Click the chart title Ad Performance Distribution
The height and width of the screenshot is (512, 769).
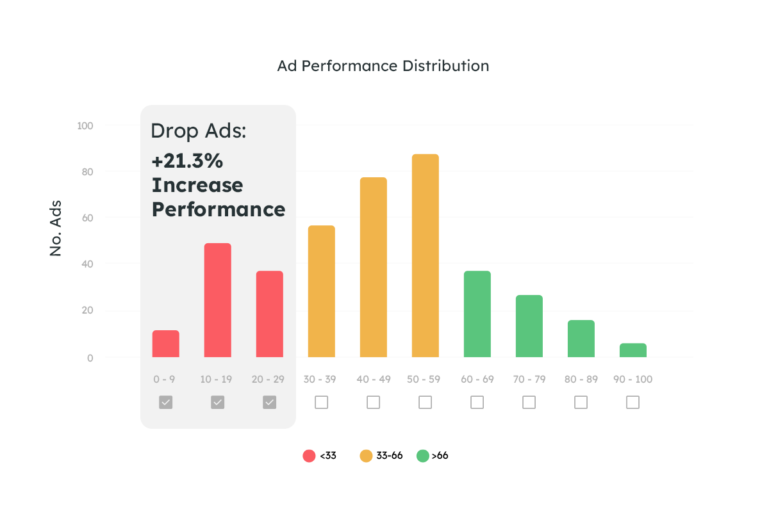tap(383, 66)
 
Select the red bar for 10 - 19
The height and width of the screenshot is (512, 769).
tap(218, 300)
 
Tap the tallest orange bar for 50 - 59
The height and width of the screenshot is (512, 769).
tap(426, 255)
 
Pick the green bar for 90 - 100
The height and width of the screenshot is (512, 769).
tap(633, 350)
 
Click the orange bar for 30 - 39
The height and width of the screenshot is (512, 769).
tap(322, 291)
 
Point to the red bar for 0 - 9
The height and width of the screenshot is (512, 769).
tap(166, 344)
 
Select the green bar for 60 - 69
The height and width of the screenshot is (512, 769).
tap(477, 314)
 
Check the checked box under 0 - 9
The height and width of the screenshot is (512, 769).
tap(166, 402)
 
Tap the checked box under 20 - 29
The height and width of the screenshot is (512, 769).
tap(270, 402)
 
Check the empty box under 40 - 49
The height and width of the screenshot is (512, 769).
tap(374, 402)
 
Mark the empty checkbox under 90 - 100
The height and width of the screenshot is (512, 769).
tap(633, 402)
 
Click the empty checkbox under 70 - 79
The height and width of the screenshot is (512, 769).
tap(529, 402)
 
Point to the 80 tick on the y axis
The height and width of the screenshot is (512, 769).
tap(86, 172)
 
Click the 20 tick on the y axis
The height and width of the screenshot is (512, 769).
tap(86, 311)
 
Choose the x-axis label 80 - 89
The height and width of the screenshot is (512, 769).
tap(581, 380)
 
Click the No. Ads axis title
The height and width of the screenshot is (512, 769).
tap(56, 228)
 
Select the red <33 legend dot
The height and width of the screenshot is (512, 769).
tap(310, 456)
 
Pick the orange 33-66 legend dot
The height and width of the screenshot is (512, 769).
tap(366, 456)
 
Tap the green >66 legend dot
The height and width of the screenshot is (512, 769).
tap(422, 456)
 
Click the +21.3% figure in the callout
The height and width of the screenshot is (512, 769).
tap(187, 161)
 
